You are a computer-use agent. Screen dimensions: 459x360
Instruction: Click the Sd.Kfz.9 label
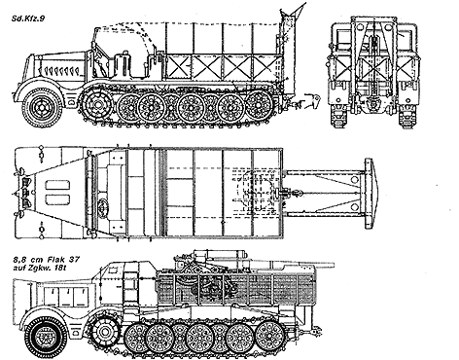click(28, 15)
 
